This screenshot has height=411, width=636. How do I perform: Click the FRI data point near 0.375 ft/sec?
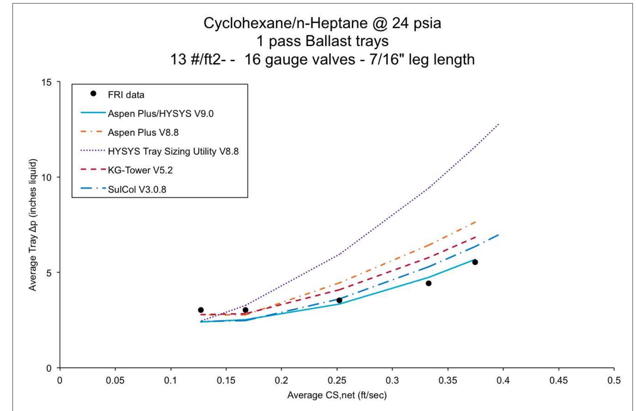[x=475, y=262]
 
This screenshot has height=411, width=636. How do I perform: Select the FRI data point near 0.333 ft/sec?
[x=428, y=283]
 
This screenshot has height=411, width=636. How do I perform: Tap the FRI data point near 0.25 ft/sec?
[x=339, y=300]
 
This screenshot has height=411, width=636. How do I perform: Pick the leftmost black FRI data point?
[x=201, y=310]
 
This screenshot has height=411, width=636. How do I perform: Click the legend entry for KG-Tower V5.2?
[x=140, y=170]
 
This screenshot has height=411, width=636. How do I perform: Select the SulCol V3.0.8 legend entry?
[x=137, y=190]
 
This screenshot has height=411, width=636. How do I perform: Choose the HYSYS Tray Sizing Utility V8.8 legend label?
[x=173, y=151]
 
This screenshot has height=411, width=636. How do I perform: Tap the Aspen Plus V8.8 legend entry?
[x=143, y=132]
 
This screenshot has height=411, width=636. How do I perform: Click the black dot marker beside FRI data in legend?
[x=93, y=94]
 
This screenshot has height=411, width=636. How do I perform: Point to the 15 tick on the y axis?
[x=46, y=82]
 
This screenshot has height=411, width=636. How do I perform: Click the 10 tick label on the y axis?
[x=46, y=177]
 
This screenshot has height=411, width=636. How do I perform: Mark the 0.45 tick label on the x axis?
[x=558, y=381]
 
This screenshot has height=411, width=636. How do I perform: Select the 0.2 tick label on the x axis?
[x=281, y=381]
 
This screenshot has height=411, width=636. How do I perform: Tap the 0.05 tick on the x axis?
[x=115, y=381]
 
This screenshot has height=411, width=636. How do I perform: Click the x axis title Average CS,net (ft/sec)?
[x=337, y=395]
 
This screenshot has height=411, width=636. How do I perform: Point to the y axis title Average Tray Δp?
[x=33, y=225]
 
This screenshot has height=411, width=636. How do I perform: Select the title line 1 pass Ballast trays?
[x=322, y=41]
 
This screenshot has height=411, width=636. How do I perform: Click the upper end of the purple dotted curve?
[x=498, y=124]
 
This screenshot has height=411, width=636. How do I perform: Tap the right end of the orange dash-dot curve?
[x=476, y=222]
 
